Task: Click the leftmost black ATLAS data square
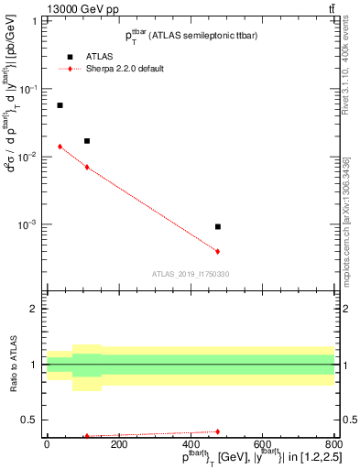coord(60,105)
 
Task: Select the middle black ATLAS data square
coord(87,141)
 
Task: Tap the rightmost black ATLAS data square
coord(218,226)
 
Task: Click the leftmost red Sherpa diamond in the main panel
coord(60,147)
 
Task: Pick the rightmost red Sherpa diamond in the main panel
coord(218,251)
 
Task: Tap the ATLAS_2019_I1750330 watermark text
coord(191,274)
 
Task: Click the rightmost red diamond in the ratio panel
coord(218,431)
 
